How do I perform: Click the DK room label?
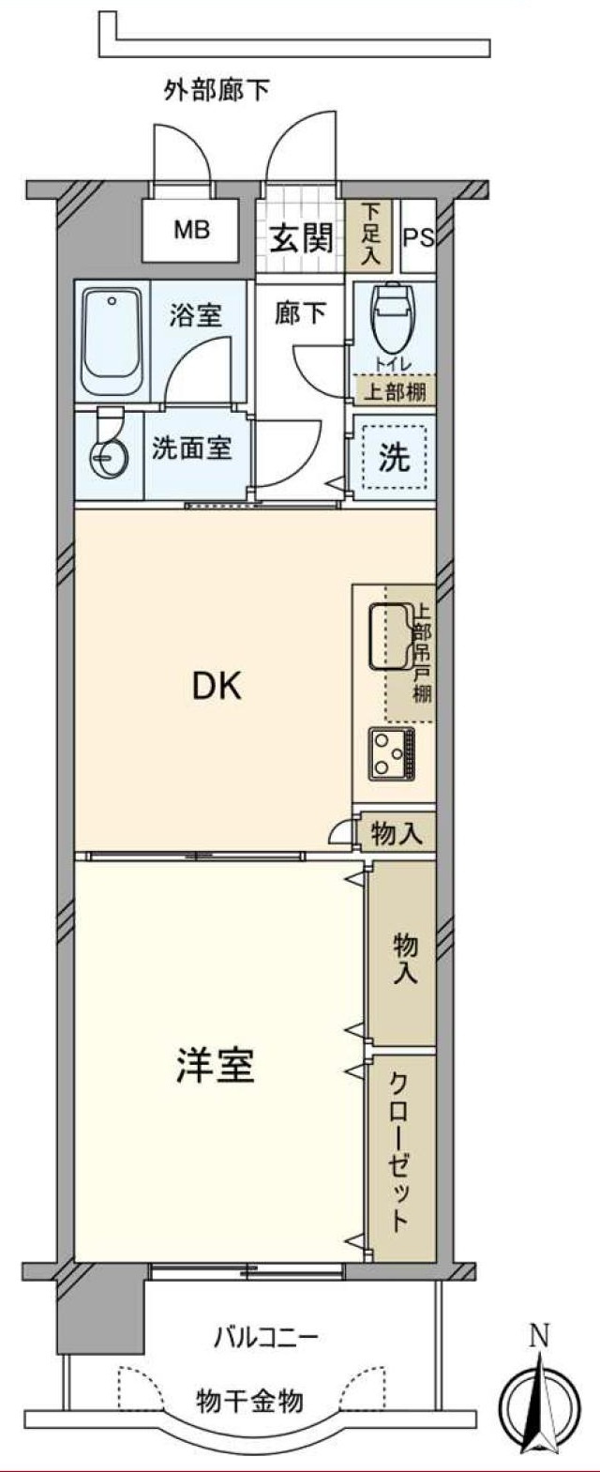pyautogui.click(x=217, y=687)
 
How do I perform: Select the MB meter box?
pyautogui.click(x=190, y=230)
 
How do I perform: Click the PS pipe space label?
pyautogui.click(x=418, y=237)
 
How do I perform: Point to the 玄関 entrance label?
pyautogui.click(x=301, y=238)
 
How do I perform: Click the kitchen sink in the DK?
pyautogui.click(x=388, y=637)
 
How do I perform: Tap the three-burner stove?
pyautogui.click(x=393, y=752)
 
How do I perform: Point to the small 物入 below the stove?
pyautogui.click(x=396, y=832)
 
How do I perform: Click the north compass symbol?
pyautogui.click(x=535, y=1404)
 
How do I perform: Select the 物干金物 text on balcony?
pyautogui.click(x=249, y=1401)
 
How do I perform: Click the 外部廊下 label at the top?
pyautogui.click(x=217, y=91)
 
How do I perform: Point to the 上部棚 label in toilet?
pyautogui.click(x=394, y=391)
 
